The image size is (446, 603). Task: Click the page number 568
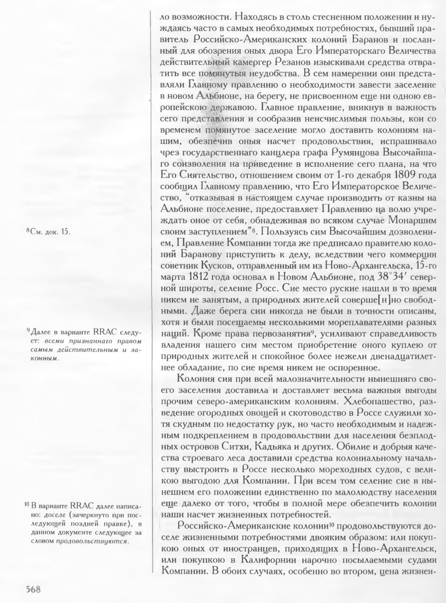[33, 589]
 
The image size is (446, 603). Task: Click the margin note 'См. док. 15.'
[48, 232]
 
